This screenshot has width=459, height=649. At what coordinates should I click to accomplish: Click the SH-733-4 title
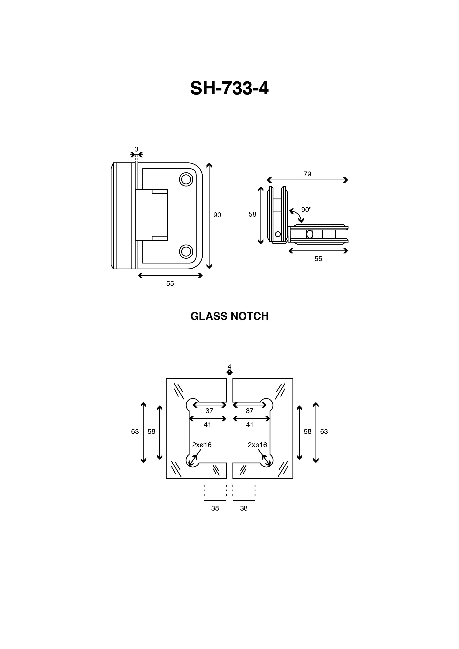click(229, 88)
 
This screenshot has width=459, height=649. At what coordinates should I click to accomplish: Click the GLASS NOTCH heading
click(229, 316)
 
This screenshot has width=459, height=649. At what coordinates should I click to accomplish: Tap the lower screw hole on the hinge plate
click(186, 251)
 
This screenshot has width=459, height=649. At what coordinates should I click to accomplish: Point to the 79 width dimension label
click(307, 174)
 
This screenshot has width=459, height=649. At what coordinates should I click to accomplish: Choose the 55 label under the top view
click(318, 259)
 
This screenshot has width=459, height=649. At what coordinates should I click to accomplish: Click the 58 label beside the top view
click(252, 215)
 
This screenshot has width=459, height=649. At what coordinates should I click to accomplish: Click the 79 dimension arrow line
click(307, 180)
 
